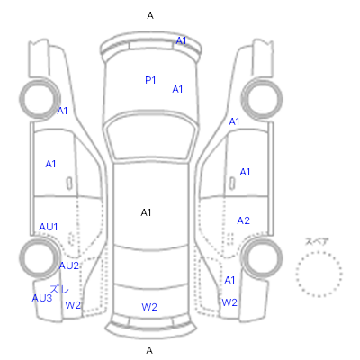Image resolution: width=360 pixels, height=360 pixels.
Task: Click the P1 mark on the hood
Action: [150, 80]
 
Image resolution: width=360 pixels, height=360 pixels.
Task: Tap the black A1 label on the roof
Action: [146, 212]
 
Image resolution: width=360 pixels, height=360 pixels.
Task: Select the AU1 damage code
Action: [49, 227]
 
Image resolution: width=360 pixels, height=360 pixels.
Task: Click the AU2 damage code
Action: [69, 265]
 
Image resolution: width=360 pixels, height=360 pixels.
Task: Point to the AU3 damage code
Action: [42, 298]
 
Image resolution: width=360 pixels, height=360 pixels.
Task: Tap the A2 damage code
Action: [243, 220]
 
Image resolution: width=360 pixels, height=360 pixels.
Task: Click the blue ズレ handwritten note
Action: [59, 289]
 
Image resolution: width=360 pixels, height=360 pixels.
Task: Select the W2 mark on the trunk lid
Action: [149, 307]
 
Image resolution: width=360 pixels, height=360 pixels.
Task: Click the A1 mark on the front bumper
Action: [181, 40]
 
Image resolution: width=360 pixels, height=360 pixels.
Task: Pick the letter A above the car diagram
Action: [150, 15]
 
